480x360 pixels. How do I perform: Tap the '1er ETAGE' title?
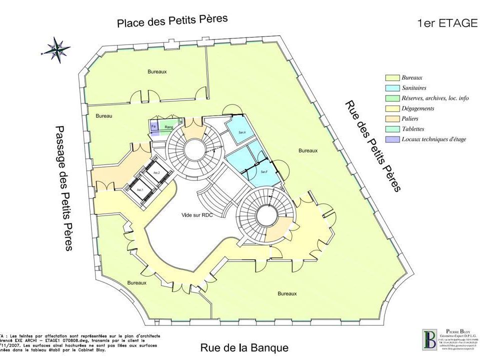coord(447,23)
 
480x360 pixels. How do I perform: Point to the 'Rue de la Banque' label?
coord(244,347)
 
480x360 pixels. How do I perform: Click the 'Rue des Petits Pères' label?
coord(373,146)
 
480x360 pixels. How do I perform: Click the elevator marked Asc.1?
coord(140,190)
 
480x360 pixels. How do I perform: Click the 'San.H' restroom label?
coord(242,132)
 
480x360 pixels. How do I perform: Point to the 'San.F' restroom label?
coord(264,172)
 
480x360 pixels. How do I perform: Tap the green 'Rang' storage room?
coord(169,127)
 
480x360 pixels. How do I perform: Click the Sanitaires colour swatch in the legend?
coord(391,88)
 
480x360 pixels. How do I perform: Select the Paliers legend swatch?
coord(391,118)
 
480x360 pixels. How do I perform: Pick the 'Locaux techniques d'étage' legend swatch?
coord(391,139)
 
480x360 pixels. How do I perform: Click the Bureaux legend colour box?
coord(391,78)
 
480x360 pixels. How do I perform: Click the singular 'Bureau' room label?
coord(103,116)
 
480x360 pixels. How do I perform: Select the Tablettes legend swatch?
coord(391,129)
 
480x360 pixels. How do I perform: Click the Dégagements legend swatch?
coord(391,108)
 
